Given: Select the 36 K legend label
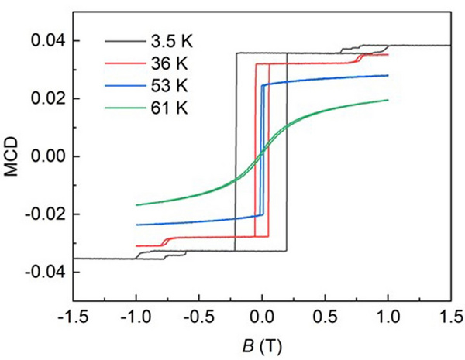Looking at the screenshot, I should [163, 62].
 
